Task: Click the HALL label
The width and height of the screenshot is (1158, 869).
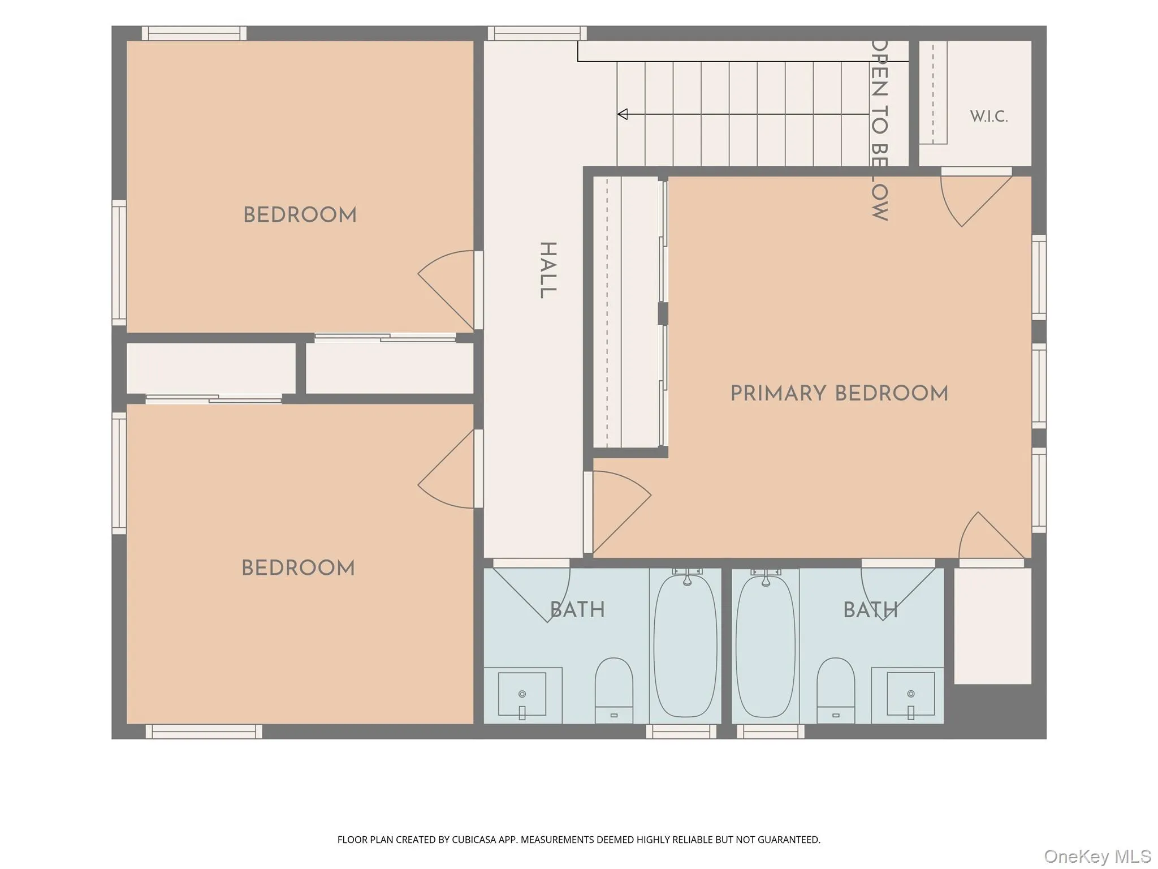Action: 548,270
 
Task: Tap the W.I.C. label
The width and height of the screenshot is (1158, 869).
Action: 989,117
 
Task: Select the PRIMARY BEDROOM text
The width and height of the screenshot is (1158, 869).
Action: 839,393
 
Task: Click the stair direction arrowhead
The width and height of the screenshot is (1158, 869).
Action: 623,114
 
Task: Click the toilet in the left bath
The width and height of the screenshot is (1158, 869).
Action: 613,690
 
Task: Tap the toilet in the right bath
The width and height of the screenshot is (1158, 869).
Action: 836,690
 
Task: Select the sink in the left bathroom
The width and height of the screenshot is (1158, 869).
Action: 522,694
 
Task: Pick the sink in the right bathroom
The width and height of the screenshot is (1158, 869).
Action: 910,694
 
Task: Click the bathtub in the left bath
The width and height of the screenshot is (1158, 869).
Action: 686,646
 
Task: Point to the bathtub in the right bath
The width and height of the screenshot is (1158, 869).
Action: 766,646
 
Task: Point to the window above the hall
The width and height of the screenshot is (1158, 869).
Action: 537,33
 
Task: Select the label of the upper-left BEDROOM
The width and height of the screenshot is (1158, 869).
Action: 300,215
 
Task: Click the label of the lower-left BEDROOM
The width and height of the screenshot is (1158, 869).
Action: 298,568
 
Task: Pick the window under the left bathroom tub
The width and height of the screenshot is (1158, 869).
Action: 681,732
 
